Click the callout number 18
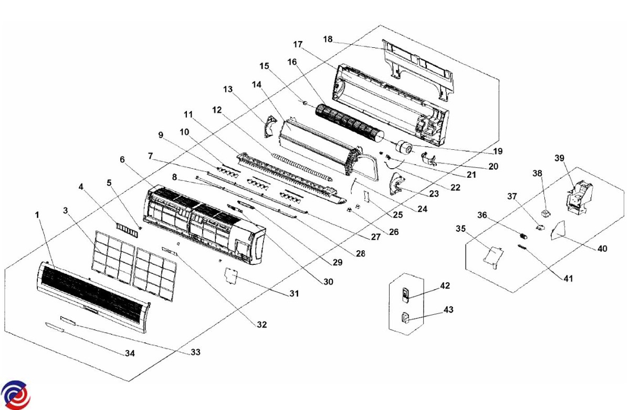(x=328, y=39)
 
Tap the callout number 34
(x=130, y=354)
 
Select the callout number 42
(x=445, y=286)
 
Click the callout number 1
(x=37, y=214)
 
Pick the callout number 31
(x=294, y=293)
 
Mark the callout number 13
(x=228, y=89)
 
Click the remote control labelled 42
(x=405, y=294)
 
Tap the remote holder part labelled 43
(x=406, y=318)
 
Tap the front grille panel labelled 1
(x=92, y=293)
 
